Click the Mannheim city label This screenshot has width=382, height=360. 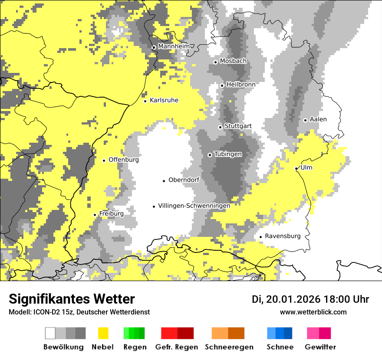point(174,46)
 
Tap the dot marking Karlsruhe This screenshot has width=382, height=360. point(145,101)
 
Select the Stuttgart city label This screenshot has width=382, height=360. point(238,126)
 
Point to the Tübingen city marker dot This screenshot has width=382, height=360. point(210,155)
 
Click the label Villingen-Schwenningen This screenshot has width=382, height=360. point(194,206)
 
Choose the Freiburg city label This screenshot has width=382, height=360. point(111,213)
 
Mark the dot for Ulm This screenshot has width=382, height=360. point(296,168)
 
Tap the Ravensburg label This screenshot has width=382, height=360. point(283,236)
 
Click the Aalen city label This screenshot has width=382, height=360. point(318,119)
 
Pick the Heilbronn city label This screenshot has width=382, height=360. point(240,85)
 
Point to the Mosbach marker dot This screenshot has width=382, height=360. point(215,62)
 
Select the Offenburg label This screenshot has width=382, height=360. point(124,160)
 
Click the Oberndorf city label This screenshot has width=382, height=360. point(184,180)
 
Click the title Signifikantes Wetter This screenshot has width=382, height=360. point(72,299)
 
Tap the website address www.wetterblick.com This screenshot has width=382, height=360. point(313,312)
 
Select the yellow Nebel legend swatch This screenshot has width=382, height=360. point(103,333)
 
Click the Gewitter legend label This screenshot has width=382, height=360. point(320,347)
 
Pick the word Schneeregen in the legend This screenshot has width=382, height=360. point(229,347)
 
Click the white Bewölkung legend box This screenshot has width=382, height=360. point(50,333)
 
